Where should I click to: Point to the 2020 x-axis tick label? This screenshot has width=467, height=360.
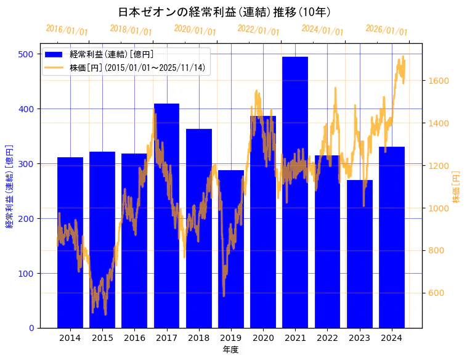pos(263,338)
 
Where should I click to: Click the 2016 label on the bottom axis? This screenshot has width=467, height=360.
pos(134,338)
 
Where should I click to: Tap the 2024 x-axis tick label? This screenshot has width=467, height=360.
pos(392,338)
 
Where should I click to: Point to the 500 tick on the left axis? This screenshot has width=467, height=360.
pos(26,54)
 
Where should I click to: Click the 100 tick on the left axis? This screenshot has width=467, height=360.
pos(26,273)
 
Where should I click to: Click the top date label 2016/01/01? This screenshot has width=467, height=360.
pos(67,30)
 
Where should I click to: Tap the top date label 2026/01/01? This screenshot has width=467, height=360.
pos(386,30)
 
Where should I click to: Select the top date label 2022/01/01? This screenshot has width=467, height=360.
pos(258,30)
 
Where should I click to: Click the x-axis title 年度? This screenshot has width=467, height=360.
pos(230,350)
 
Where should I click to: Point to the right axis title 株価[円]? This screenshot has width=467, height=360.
pos(456,187)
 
